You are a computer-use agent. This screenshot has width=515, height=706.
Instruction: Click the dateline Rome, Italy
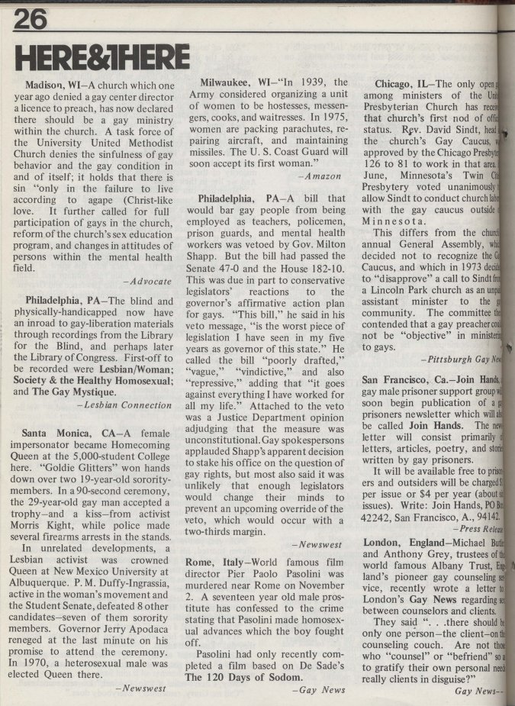point(221,563)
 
